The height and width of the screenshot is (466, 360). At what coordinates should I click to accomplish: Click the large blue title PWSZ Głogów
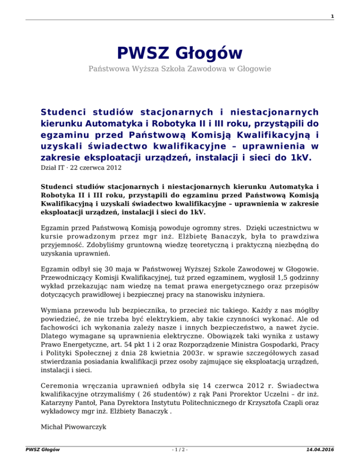tap(180, 53)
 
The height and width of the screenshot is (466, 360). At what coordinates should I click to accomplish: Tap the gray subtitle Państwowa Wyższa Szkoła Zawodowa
tap(180, 69)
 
